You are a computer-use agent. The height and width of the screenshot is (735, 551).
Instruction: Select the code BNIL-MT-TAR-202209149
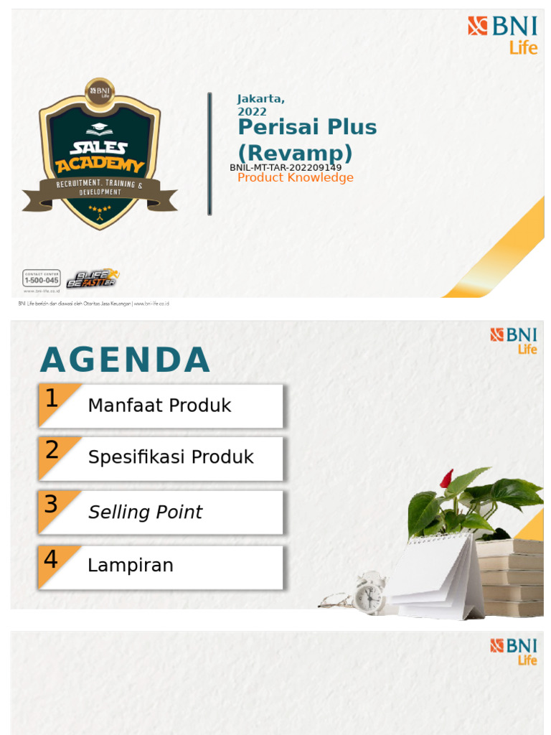(286, 167)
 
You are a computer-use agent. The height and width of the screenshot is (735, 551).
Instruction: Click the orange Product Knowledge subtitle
(296, 178)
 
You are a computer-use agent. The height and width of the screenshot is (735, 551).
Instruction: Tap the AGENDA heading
(125, 360)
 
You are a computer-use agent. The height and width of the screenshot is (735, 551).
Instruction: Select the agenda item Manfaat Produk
(159, 406)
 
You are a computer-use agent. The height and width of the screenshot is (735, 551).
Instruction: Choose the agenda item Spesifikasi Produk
(171, 457)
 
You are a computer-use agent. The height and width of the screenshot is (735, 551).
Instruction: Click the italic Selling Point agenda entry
(145, 512)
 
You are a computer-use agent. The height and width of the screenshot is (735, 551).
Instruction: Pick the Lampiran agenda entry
(131, 565)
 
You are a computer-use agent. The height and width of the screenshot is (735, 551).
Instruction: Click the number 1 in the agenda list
(51, 399)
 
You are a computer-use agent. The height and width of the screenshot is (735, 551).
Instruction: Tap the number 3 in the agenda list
(51, 505)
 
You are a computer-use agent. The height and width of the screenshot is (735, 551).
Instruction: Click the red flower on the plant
(446, 479)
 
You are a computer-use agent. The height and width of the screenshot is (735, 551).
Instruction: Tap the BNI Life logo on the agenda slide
(514, 340)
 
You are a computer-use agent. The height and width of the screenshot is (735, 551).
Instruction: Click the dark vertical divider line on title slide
(209, 154)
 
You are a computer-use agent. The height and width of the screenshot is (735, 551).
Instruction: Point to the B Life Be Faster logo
(93, 278)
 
